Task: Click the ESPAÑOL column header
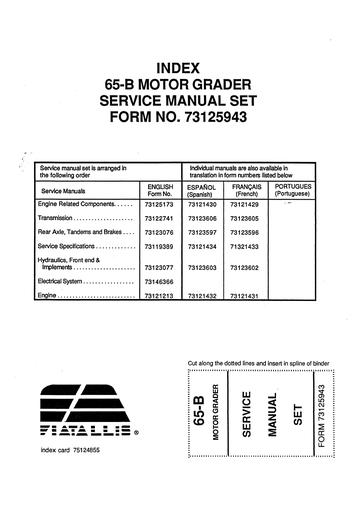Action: pyautogui.click(x=204, y=186)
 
